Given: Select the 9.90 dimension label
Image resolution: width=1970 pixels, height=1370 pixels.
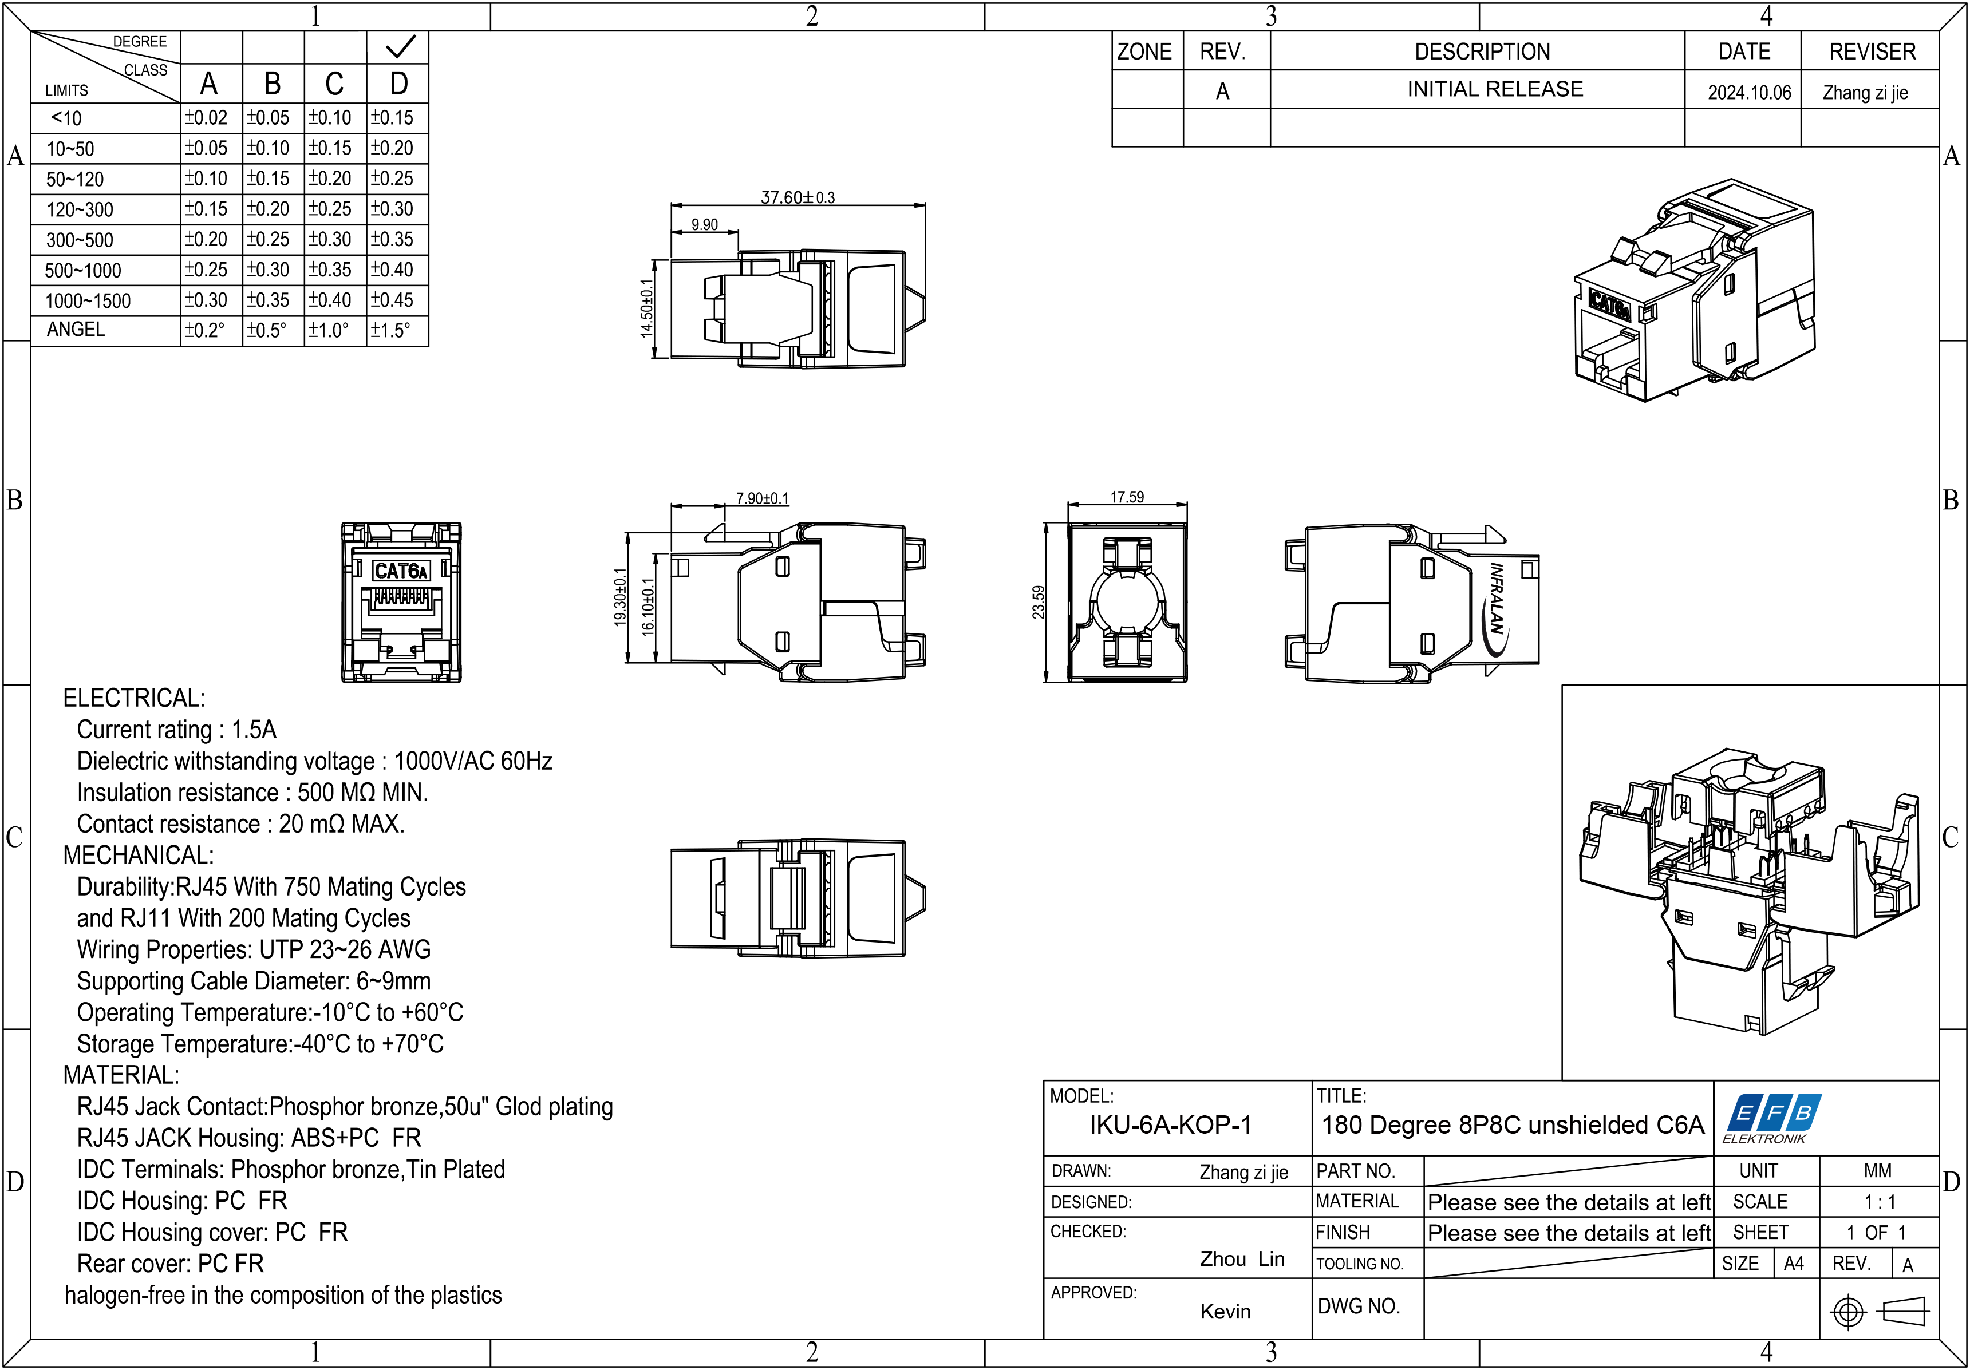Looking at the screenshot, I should tap(704, 225).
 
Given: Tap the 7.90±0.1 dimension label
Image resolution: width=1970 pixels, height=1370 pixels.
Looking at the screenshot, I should tap(762, 498).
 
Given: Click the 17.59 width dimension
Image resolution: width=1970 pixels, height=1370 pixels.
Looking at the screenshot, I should tap(1127, 497).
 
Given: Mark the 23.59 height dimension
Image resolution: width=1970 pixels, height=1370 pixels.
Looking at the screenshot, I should tap(1038, 601).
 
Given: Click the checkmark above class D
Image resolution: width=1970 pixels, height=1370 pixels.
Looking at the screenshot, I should tap(400, 46).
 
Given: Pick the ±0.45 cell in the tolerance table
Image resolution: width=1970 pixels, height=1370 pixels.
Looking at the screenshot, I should tap(392, 300).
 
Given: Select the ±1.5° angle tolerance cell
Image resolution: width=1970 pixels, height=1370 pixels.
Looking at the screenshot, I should tap(391, 330).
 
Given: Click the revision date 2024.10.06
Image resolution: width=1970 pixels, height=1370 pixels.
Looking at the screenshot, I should tap(1748, 93).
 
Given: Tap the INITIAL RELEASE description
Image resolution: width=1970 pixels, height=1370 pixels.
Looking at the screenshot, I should tap(1495, 89).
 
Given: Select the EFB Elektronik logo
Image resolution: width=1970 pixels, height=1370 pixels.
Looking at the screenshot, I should tap(1772, 1118).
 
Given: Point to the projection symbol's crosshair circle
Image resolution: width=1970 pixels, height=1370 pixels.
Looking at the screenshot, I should tap(1848, 1312).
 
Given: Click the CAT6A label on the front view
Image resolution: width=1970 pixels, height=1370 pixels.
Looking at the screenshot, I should tap(400, 571).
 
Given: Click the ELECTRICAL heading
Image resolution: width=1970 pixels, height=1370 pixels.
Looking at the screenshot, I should tap(134, 698).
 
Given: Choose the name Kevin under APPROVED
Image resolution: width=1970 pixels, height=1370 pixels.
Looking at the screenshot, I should tap(1225, 1311).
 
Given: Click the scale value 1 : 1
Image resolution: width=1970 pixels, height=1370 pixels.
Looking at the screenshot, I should tap(1879, 1202).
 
